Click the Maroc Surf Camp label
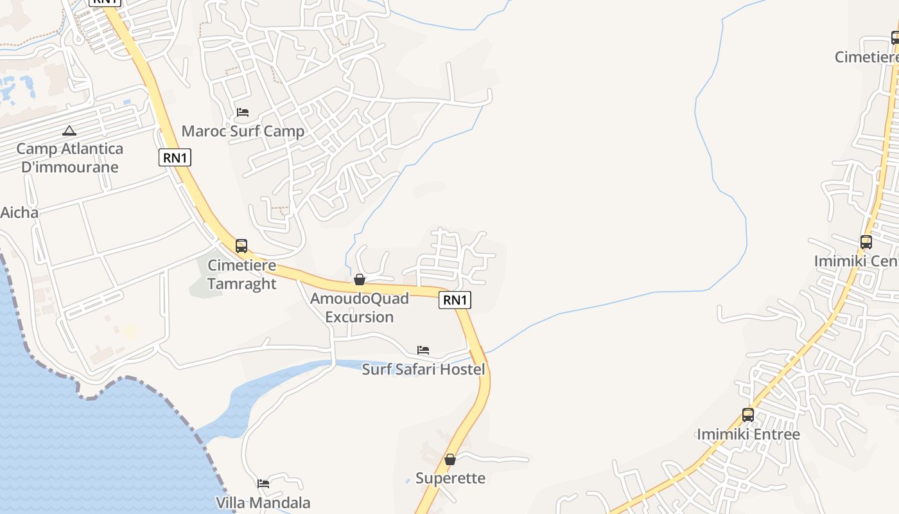243,132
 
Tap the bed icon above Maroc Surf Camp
243,112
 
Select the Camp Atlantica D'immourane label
69,158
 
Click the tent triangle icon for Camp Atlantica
69,131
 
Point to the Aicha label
19,213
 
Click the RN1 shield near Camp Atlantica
175,157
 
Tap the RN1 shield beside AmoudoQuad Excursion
455,299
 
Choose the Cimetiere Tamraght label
242,274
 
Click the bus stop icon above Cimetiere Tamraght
241,245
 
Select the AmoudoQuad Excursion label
359,308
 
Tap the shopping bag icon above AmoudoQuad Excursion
360,279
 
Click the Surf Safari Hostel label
423,369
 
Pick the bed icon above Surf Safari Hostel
423,350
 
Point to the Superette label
450,478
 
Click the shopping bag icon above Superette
450,459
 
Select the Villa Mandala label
263,503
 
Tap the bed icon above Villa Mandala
263,484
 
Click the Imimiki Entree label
748,434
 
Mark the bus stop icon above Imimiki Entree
748,415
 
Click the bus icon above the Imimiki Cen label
866,242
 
